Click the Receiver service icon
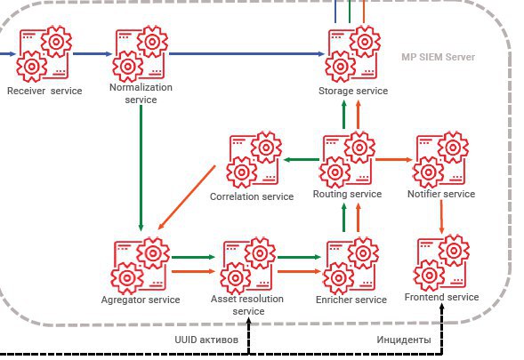(x=44, y=53)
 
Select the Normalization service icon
(x=140, y=53)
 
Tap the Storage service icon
(x=352, y=53)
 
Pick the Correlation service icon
(x=254, y=160)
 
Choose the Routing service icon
(x=347, y=160)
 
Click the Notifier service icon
(x=440, y=160)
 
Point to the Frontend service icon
(x=441, y=263)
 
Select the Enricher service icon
(x=351, y=266)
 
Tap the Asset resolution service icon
(x=248, y=266)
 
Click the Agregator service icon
(x=140, y=266)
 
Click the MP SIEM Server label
(x=438, y=57)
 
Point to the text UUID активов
(x=206, y=340)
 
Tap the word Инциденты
(x=404, y=340)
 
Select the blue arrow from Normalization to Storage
(x=246, y=53)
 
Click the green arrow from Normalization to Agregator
(x=141, y=168)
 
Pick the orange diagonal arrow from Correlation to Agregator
(x=187, y=197)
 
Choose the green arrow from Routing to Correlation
(x=301, y=160)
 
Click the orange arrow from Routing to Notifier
(x=394, y=160)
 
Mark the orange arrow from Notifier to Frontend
(x=441, y=216)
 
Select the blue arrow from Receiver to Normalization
(x=93, y=53)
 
